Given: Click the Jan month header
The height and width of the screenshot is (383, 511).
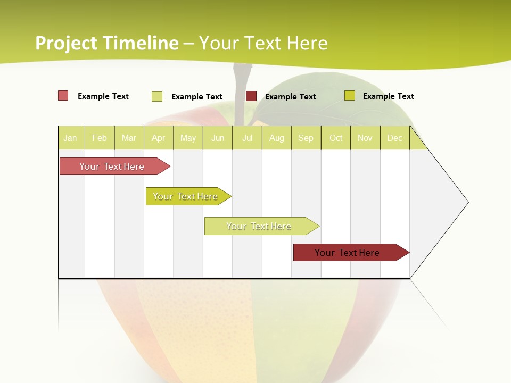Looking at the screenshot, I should coord(70,138).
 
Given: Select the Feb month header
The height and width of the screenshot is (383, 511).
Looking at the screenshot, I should coord(100,138).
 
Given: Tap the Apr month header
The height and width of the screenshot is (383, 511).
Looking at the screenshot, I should coord(159,138).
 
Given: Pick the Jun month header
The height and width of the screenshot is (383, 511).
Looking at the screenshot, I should coord(218,138).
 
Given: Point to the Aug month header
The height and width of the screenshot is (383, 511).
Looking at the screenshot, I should coord(277,138).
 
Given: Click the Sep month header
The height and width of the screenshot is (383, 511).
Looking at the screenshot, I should coord(306,138).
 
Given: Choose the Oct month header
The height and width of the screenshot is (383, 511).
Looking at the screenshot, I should coord(336,138).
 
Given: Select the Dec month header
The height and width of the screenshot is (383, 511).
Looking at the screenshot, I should coord(395,138).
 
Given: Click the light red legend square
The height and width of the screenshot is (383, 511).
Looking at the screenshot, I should coord(63,96).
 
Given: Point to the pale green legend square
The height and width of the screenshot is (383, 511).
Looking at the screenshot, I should coord(157,96).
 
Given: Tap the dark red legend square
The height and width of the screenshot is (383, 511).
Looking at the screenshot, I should coord(251,96).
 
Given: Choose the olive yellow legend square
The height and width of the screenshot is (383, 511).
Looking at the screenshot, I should coord(350,96).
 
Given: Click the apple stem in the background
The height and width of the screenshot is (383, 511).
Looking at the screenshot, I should coord(241,90).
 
